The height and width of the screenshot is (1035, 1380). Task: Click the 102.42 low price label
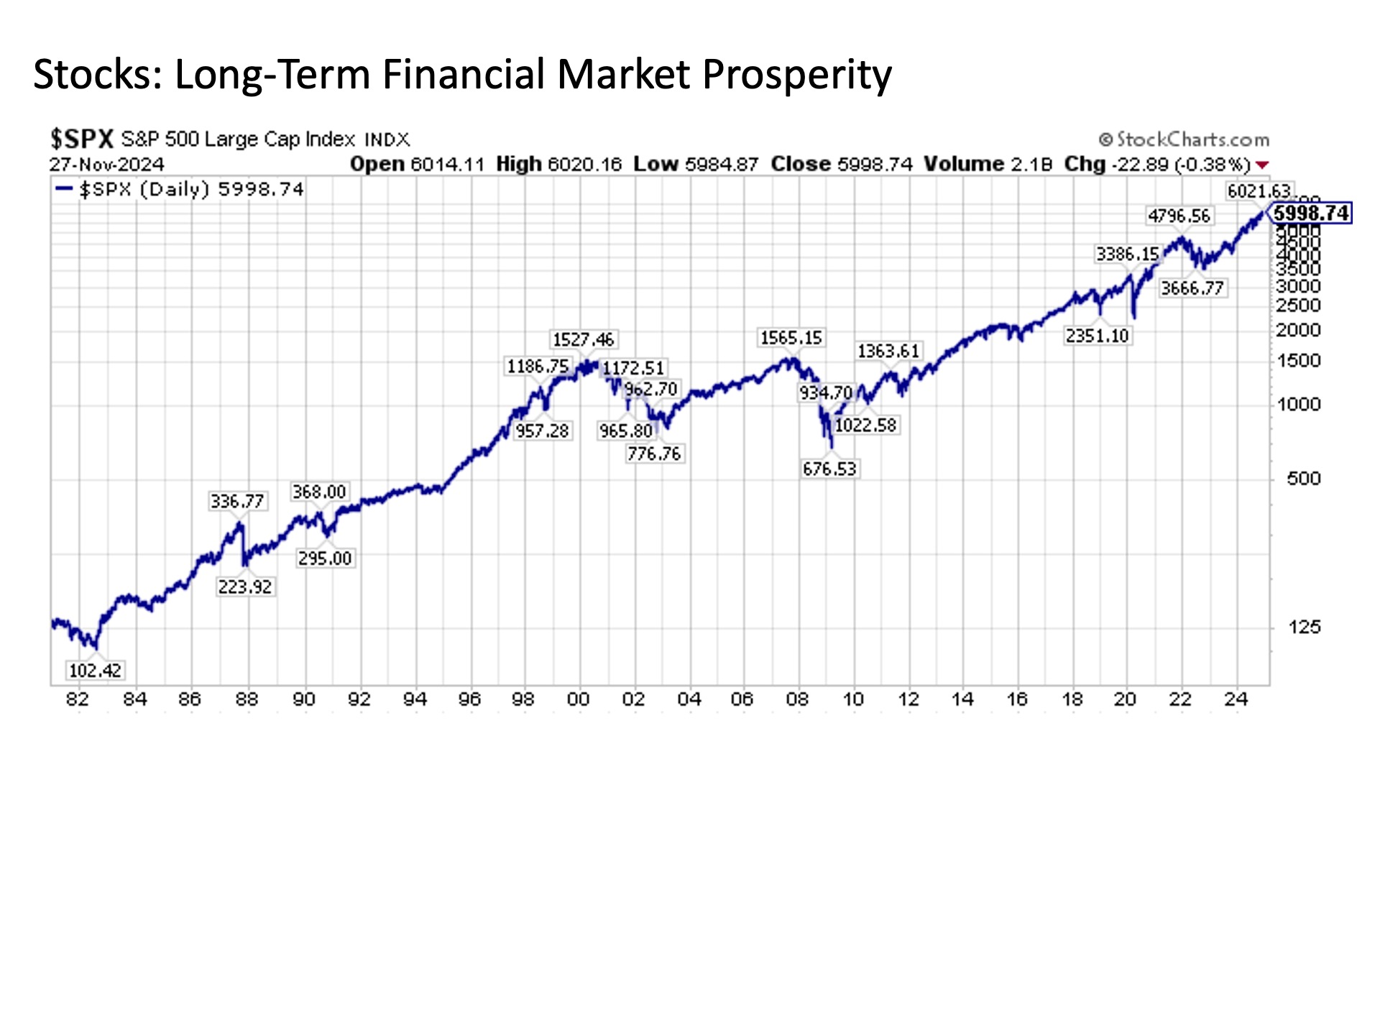(x=95, y=671)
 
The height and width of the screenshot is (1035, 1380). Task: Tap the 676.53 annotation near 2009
(x=829, y=469)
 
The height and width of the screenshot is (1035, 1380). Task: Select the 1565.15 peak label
(x=791, y=338)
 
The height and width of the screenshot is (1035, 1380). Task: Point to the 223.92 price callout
(x=245, y=587)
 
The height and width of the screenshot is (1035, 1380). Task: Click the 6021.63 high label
(x=1259, y=191)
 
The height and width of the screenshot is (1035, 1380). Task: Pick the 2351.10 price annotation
(x=1097, y=336)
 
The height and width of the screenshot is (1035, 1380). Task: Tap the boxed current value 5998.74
(x=1311, y=213)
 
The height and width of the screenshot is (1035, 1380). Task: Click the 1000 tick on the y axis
(x=1299, y=405)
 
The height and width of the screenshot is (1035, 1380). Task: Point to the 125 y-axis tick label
(x=1304, y=627)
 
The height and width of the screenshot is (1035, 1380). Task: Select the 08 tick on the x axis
(x=797, y=699)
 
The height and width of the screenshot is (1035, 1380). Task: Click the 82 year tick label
(x=77, y=699)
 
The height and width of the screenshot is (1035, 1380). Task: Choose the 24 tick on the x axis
(x=1236, y=699)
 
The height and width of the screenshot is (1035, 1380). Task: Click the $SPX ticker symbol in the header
(x=82, y=139)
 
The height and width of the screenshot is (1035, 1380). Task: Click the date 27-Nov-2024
(x=106, y=165)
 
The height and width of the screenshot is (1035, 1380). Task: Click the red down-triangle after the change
(x=1261, y=165)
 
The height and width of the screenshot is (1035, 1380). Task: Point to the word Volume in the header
(x=962, y=165)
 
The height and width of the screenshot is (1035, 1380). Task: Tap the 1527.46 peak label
(x=583, y=340)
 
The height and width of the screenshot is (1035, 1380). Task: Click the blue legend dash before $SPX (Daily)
(x=65, y=189)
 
